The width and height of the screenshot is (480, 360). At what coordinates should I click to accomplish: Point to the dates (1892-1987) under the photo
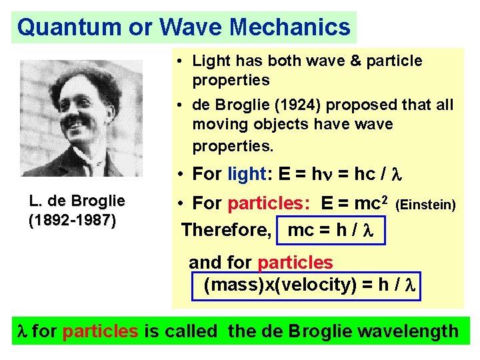(x=73, y=220)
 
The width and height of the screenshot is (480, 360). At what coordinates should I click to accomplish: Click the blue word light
(x=248, y=175)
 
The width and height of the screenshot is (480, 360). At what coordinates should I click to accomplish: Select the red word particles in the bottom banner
(x=100, y=331)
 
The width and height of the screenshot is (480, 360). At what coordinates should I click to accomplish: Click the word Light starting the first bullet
(x=209, y=61)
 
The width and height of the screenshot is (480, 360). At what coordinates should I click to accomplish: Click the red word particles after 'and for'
(x=295, y=263)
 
